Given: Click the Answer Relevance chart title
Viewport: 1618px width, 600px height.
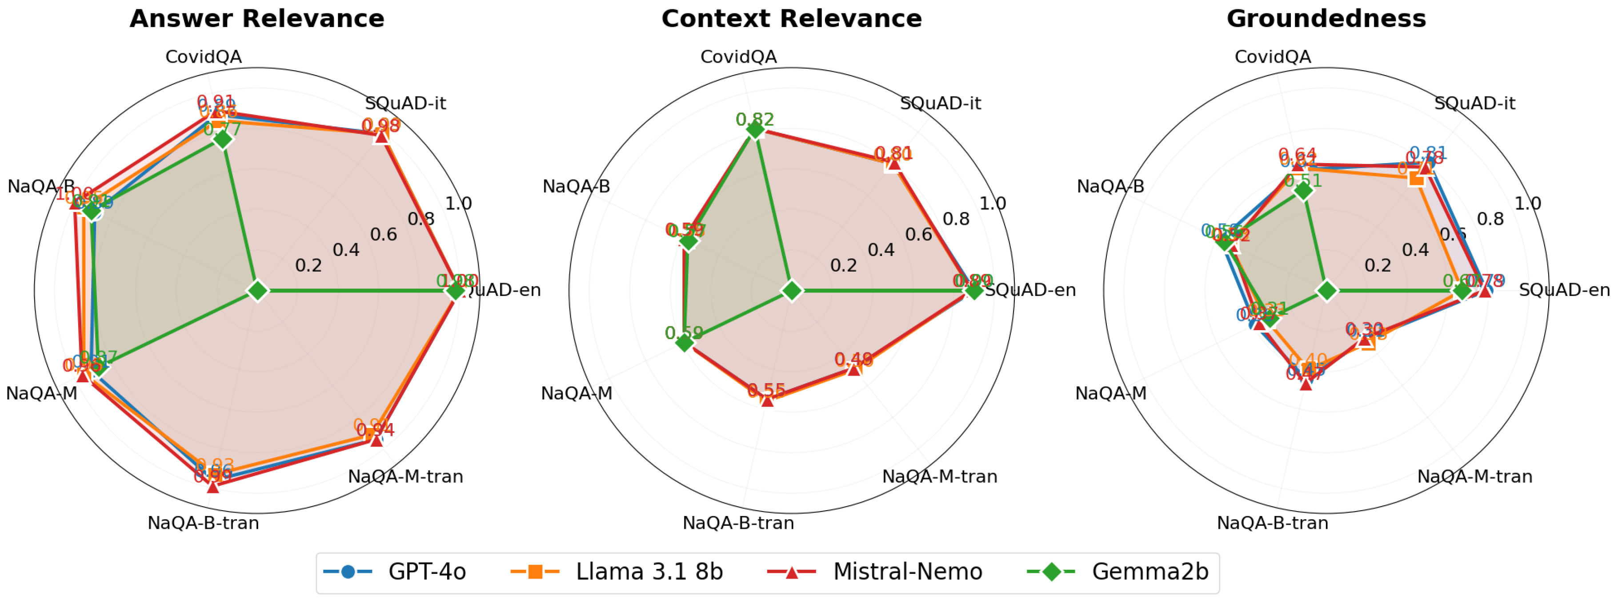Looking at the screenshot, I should point(257,19).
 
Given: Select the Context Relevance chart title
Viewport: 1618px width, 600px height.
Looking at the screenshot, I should point(791,19).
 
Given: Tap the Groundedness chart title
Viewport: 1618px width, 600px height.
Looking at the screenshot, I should point(1326,19).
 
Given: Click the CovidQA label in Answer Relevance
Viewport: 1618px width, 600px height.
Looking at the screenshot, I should point(204,57).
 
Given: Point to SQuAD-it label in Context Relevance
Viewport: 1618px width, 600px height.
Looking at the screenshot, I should point(940,103).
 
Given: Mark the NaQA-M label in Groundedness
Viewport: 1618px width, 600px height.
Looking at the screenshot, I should point(1110,394).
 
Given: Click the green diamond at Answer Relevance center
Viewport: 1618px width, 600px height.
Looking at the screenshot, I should point(257,291).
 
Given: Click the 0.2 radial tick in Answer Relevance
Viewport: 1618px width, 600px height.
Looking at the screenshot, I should point(308,265).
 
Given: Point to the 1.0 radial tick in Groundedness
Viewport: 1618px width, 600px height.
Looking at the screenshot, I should point(1528,204).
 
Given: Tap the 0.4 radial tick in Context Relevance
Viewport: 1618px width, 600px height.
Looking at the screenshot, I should point(881,250).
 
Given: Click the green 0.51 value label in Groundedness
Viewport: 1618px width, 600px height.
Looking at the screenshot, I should point(1303,181).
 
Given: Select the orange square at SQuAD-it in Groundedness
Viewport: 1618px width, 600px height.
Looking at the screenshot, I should point(1416,179).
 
